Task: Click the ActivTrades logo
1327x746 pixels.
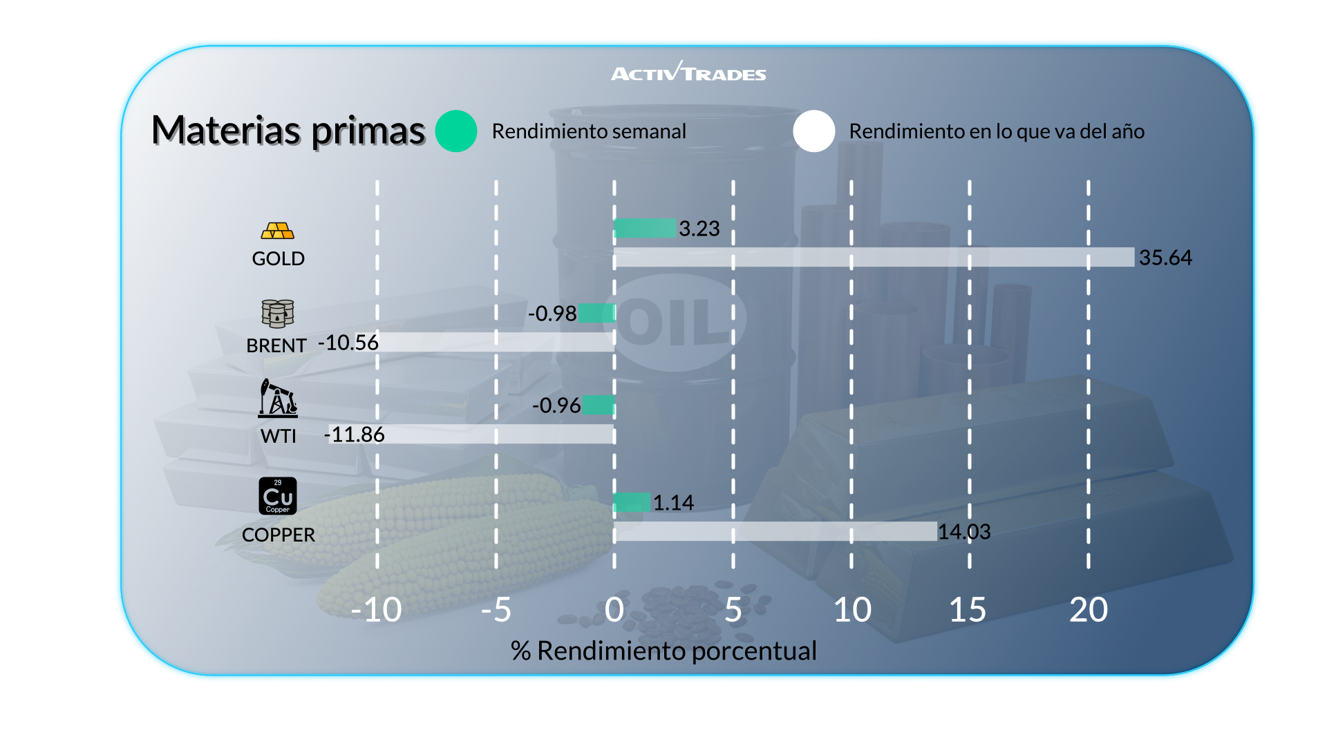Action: click(x=688, y=72)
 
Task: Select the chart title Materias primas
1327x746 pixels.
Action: click(x=288, y=131)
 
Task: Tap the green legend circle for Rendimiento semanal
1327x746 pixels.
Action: click(x=456, y=131)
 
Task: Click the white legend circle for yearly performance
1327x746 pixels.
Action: click(x=814, y=131)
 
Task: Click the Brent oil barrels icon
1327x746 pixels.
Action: click(x=278, y=314)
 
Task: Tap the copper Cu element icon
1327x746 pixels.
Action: click(x=278, y=496)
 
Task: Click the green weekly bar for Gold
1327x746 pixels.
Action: click(x=645, y=228)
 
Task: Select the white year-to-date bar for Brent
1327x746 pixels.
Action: click(x=495, y=342)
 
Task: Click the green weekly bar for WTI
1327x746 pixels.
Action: click(x=599, y=405)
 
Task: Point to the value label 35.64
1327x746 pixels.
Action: click(x=1165, y=258)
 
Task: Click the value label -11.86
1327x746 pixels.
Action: click(x=354, y=434)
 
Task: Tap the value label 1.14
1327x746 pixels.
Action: click(x=673, y=503)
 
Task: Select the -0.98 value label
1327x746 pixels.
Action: click(x=552, y=314)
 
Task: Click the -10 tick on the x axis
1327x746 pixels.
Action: click(x=376, y=610)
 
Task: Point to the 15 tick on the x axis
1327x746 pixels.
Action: click(x=968, y=610)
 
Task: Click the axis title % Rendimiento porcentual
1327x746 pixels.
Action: click(x=663, y=651)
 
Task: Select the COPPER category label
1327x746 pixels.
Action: click(x=279, y=535)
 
